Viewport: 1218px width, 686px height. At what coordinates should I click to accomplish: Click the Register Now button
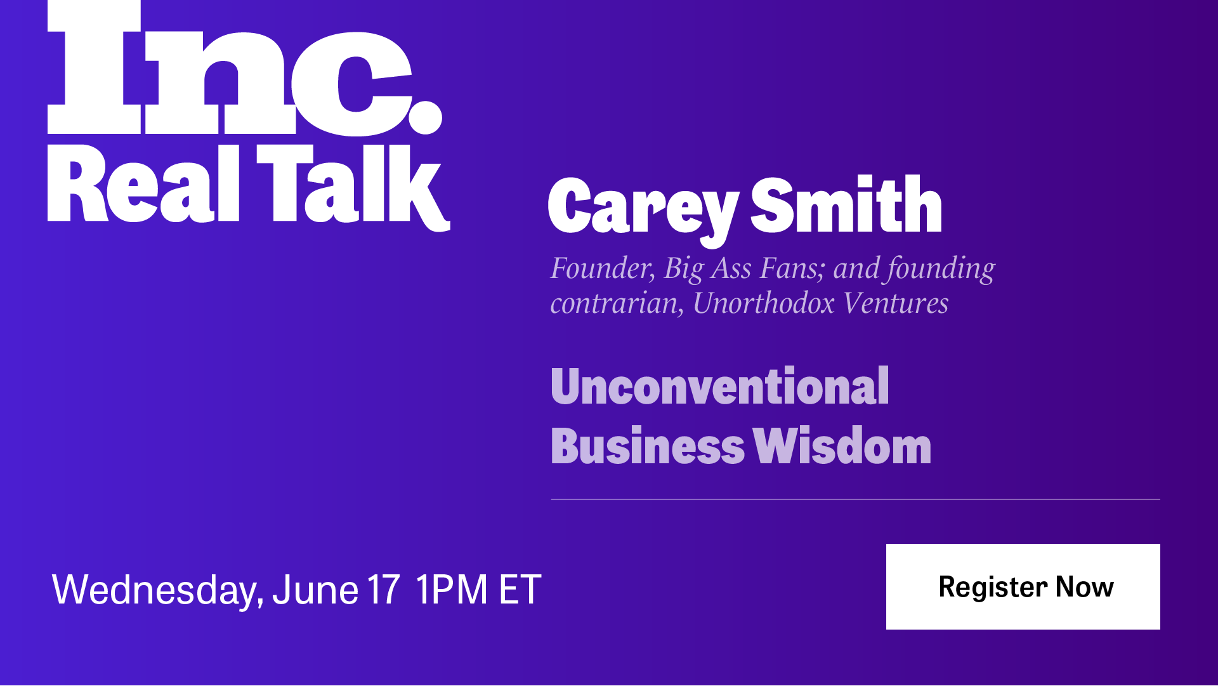[1023, 586]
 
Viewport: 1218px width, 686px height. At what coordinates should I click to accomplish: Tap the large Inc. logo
[245, 67]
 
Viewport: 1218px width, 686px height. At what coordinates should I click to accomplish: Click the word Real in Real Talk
[143, 184]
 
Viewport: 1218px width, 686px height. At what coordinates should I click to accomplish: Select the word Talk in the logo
[353, 188]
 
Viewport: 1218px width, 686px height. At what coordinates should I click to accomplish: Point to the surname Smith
[846, 204]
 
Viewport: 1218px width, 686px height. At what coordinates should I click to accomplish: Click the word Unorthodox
[764, 303]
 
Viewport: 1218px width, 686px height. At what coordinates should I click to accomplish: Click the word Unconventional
[720, 386]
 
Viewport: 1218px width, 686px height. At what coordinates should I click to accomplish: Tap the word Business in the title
[648, 445]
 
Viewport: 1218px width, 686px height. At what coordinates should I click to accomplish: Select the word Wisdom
[842, 445]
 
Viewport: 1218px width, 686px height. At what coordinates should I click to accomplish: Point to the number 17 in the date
[383, 590]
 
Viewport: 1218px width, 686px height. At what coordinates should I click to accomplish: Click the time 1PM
[452, 590]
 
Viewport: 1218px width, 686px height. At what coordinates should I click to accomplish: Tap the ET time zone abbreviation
[520, 590]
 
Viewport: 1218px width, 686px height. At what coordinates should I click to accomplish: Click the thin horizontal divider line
[855, 499]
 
